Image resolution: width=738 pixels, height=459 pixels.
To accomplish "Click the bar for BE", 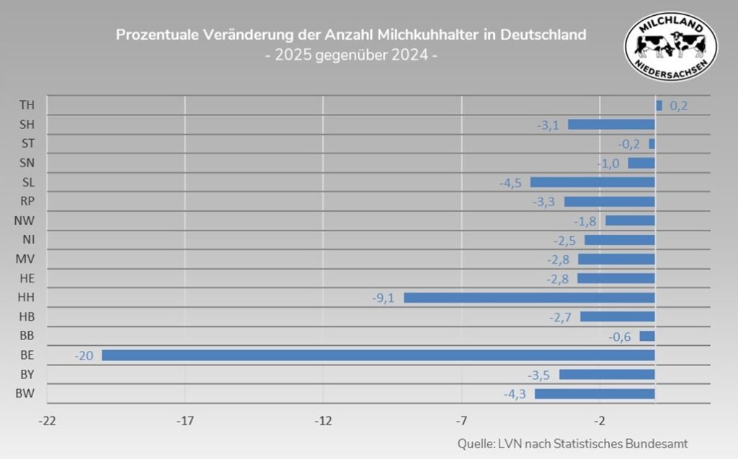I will tap(378, 355).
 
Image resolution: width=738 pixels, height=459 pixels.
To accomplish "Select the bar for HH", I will tap(529, 298).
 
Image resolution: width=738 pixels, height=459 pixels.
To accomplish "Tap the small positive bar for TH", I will tap(659, 106).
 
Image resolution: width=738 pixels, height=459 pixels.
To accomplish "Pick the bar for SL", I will tap(592, 182).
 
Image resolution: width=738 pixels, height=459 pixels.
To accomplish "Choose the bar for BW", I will tap(595, 393).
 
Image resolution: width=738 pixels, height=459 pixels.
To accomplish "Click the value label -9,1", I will tap(384, 298).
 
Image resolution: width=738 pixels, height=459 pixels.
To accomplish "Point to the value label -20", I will tap(84, 355).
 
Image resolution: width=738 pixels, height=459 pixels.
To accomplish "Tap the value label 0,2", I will tap(679, 106).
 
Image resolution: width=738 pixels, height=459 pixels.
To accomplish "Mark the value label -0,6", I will tap(620, 336).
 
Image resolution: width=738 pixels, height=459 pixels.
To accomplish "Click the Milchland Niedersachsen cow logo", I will tap(670, 45).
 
